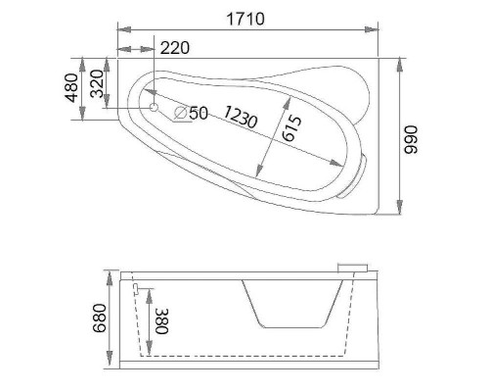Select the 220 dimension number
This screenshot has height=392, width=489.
tap(174, 47)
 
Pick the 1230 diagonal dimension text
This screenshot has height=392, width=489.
tap(239, 119)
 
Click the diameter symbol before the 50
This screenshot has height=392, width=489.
tap(181, 114)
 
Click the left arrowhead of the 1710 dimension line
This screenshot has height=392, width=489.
tap(119, 30)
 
